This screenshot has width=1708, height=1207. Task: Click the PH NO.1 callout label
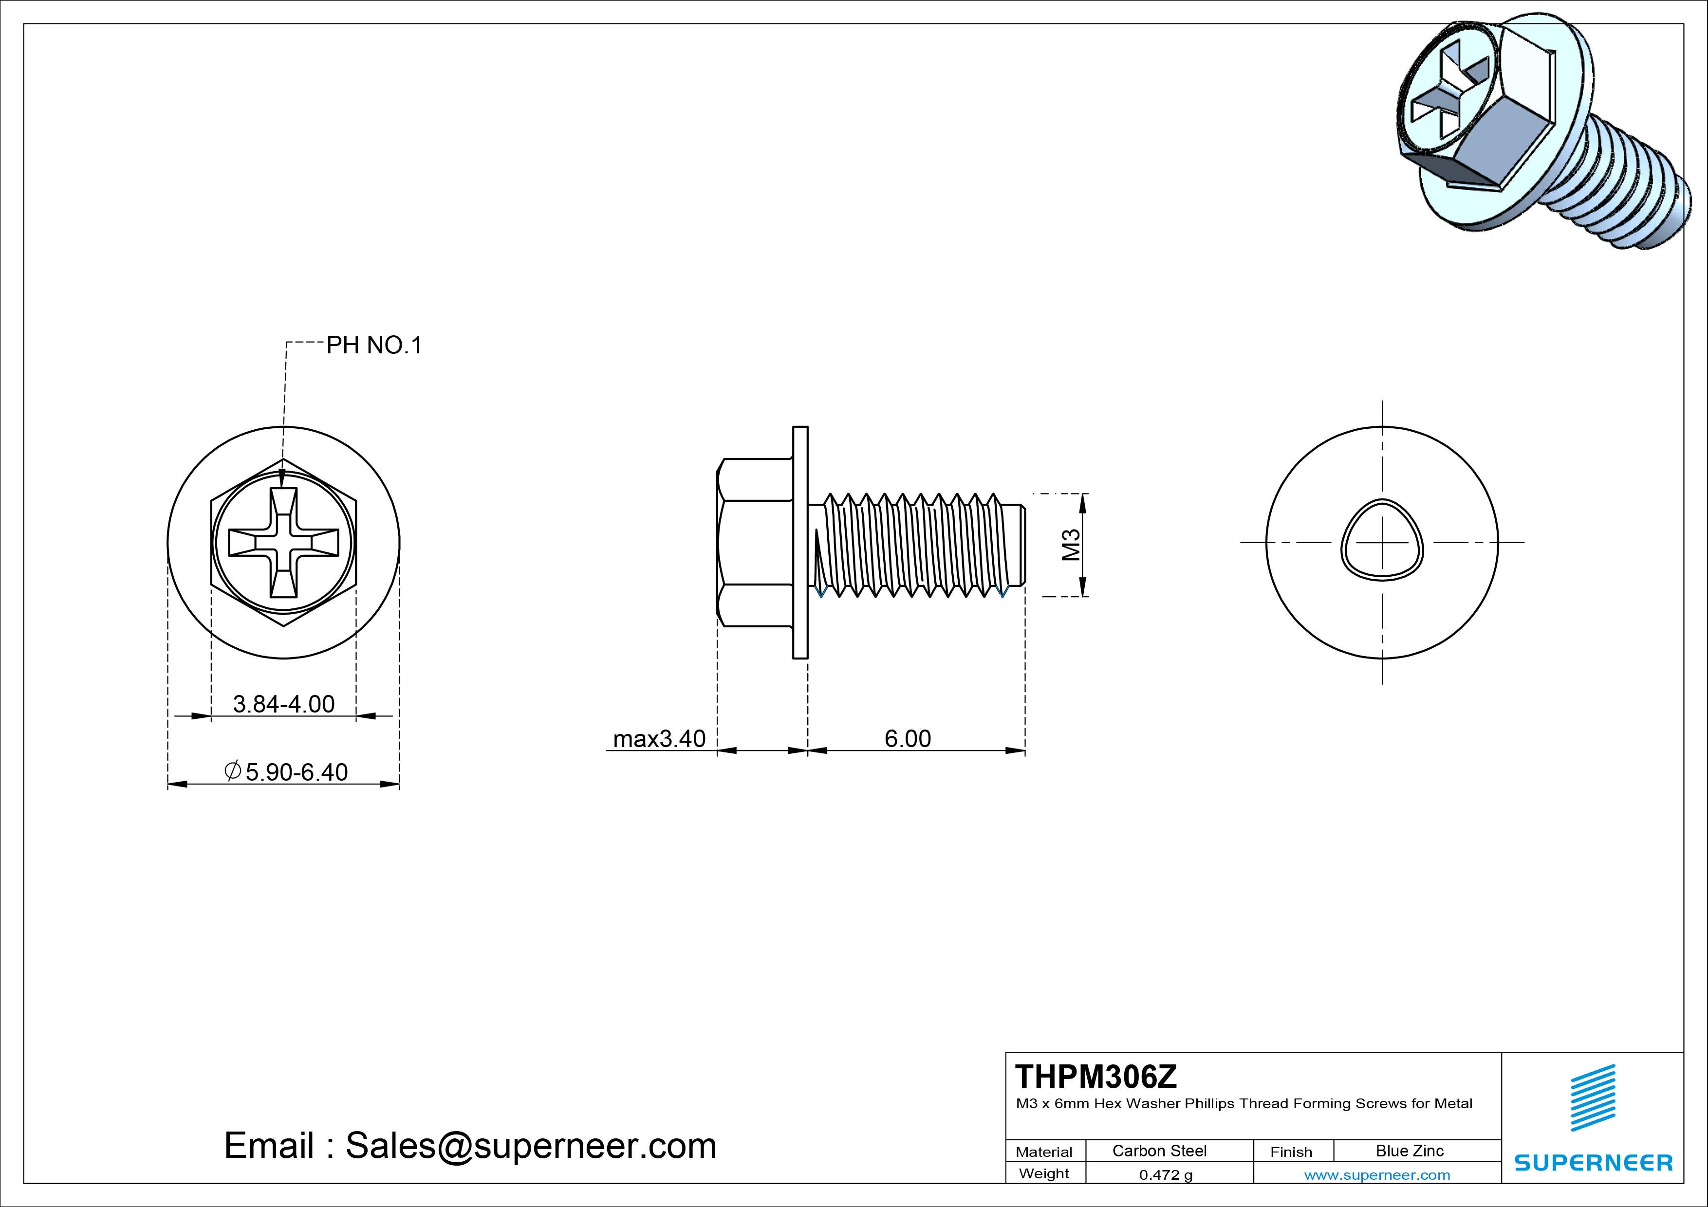point(374,345)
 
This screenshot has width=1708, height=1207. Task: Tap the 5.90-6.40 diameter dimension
point(286,772)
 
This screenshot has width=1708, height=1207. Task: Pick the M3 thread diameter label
point(1071,545)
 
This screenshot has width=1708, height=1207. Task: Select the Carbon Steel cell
point(1158,1151)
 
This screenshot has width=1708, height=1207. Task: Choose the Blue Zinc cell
point(1409,1151)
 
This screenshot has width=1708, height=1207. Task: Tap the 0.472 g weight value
point(1165,1175)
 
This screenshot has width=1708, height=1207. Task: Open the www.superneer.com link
point(1376,1175)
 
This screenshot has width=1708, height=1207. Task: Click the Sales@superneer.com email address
point(530,1145)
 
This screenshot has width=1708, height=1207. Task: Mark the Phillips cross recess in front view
point(283,542)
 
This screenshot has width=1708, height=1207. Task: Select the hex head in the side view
point(754,542)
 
